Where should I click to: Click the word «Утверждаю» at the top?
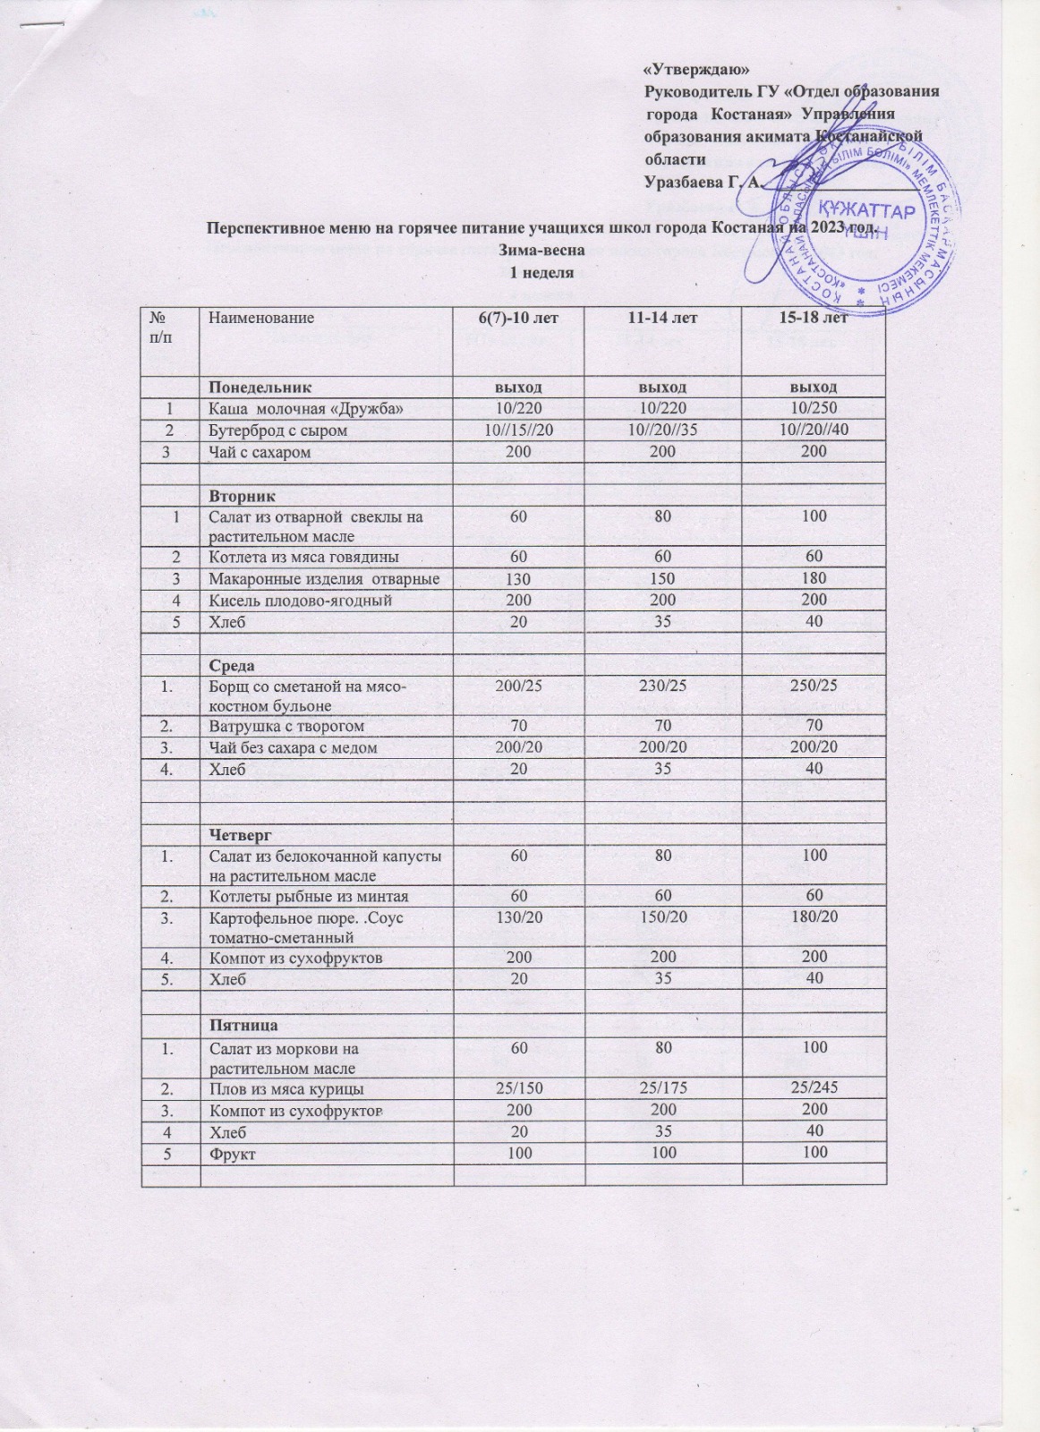click(697, 70)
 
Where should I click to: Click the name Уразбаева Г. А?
click(703, 183)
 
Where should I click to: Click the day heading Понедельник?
click(260, 387)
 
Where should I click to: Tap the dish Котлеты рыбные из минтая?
click(309, 897)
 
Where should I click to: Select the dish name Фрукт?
click(232, 1155)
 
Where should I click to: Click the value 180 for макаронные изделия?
click(814, 578)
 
